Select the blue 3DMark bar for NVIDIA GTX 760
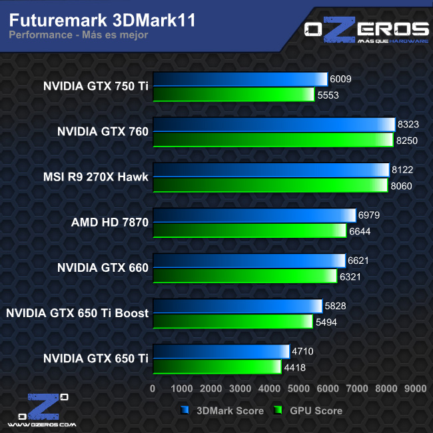click(274, 125)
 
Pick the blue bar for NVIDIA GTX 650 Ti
click(221, 351)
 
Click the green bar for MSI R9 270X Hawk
click(270, 185)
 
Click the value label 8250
click(407, 140)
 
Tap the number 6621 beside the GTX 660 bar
click(358, 260)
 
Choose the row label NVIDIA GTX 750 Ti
click(95, 86)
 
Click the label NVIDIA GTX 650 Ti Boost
click(77, 312)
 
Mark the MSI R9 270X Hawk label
click(95, 177)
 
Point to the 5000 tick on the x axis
click(298, 388)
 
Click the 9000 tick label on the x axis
click(415, 388)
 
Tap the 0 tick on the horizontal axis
click(153, 388)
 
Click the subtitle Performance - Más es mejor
click(78, 35)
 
